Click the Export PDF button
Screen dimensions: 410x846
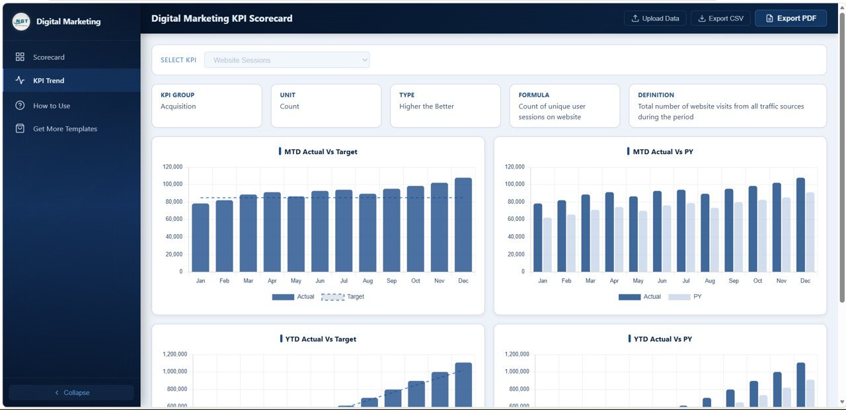tap(790, 19)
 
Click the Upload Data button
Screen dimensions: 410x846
tap(655, 19)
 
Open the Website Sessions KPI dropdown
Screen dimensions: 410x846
tap(287, 60)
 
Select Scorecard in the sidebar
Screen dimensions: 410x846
tap(49, 58)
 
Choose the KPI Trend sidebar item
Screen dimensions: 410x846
tap(49, 81)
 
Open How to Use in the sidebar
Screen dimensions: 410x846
tap(52, 106)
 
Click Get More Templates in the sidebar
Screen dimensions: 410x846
tap(65, 129)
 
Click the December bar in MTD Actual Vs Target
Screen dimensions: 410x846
tap(463, 225)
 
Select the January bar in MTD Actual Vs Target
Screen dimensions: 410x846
tap(200, 237)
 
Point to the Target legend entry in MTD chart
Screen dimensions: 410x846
tap(343, 297)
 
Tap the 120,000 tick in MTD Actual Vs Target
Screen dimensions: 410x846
tap(172, 167)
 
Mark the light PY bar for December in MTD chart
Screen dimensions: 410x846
tap(810, 232)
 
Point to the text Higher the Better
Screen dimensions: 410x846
tap(426, 106)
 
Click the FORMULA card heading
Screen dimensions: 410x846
tap(533, 95)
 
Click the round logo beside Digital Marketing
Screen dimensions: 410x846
tap(21, 21)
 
